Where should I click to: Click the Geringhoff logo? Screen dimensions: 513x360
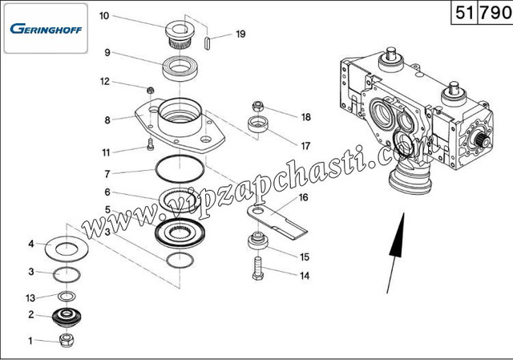(46, 29)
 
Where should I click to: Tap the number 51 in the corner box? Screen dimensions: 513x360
(465, 13)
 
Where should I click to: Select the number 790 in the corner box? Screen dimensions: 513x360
(495, 13)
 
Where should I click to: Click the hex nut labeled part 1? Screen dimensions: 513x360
(67, 341)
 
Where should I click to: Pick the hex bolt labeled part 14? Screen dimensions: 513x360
(258, 269)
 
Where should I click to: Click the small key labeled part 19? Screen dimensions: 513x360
(207, 43)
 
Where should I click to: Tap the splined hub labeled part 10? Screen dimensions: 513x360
(180, 34)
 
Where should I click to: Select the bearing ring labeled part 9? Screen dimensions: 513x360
(180, 68)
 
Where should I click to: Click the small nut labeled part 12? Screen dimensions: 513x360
(150, 90)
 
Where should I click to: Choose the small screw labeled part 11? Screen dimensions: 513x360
(150, 144)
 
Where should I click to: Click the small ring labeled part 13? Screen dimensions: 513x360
(67, 296)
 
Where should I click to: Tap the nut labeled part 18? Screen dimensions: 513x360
(258, 106)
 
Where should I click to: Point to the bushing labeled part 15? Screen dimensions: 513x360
(258, 241)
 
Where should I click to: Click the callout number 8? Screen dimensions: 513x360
(107, 120)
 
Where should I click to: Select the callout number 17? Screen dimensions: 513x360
(305, 146)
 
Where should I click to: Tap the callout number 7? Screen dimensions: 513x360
(107, 174)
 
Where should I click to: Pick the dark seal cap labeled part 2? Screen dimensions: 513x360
(67, 317)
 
